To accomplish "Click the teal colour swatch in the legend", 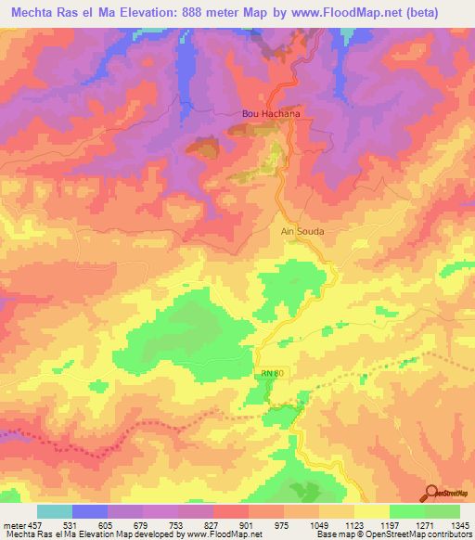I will tap(55, 511).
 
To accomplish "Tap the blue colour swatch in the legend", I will tap(90, 511).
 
